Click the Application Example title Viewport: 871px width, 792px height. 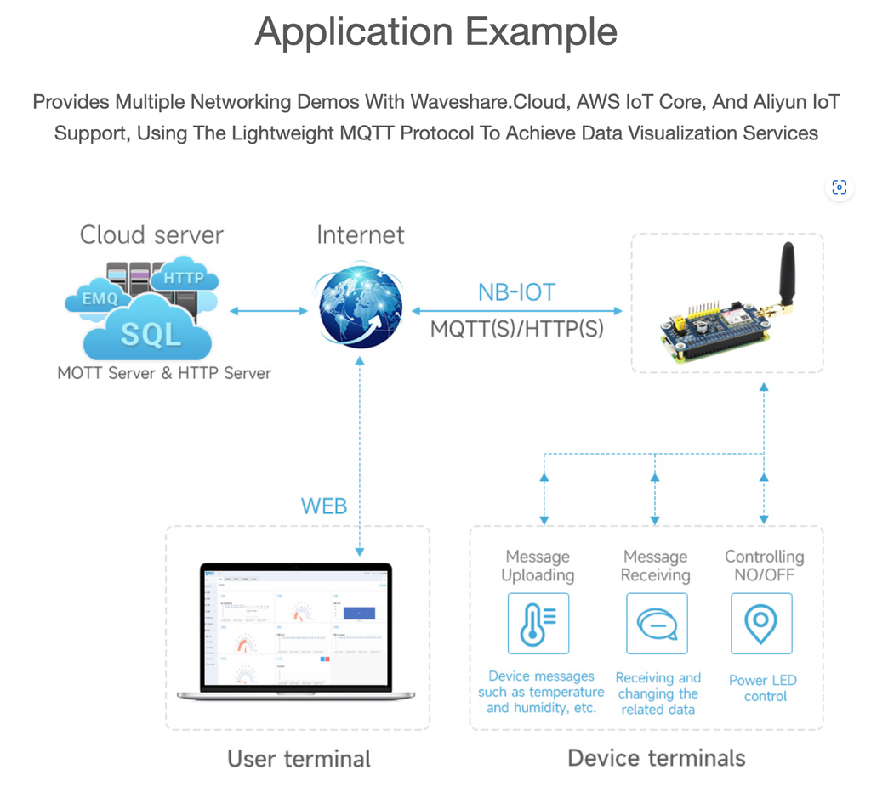coord(435,32)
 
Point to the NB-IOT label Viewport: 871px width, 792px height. coord(516,293)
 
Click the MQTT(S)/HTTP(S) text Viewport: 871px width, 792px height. coord(516,329)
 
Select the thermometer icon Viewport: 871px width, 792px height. coord(538,624)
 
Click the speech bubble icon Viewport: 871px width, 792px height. coord(656,624)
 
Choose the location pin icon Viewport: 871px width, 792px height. coord(761,624)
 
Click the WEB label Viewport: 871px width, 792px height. coord(324,506)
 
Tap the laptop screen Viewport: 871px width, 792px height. coord(296,625)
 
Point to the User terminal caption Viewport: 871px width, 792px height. coord(299,758)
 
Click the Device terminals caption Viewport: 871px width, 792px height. coord(656,757)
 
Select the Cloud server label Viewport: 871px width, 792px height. coord(151,235)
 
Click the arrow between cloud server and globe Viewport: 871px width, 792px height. coord(269,311)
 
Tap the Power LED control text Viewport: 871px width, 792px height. coord(762,688)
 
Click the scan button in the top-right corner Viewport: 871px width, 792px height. coord(839,188)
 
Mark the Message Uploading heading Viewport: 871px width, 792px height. coord(538,566)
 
